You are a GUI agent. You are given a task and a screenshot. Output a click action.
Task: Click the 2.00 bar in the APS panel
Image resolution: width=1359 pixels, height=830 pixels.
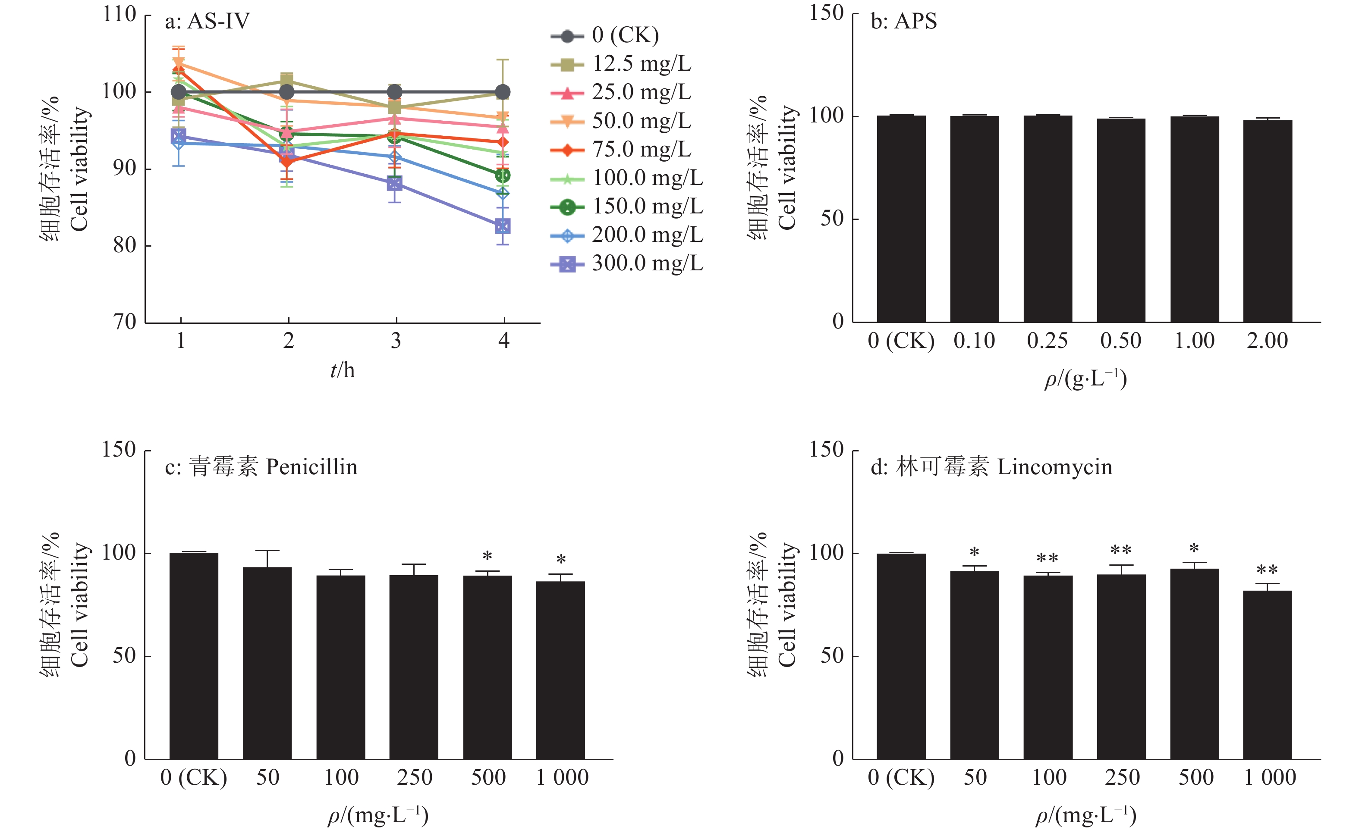1268,220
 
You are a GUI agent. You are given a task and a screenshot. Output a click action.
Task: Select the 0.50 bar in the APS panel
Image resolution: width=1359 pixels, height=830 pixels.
1121,220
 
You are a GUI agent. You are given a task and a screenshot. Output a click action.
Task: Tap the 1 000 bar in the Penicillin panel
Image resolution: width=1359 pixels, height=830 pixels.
560,670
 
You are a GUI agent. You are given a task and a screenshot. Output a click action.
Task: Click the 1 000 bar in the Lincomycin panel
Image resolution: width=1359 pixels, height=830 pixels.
1268,675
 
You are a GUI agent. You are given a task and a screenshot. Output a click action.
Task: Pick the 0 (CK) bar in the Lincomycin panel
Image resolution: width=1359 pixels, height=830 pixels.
901,656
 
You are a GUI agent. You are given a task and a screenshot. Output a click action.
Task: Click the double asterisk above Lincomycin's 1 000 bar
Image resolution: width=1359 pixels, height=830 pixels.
1268,570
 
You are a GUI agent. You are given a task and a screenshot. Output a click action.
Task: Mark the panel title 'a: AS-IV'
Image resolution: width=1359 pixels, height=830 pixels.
208,22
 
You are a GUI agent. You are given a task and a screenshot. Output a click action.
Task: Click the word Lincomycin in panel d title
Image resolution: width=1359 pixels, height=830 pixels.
1054,467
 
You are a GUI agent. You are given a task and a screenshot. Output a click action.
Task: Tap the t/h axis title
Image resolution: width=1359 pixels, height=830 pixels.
342,370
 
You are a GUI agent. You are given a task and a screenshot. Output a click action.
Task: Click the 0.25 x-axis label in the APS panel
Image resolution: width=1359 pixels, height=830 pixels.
1048,341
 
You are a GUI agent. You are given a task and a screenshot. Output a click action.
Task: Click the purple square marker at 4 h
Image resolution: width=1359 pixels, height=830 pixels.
503,226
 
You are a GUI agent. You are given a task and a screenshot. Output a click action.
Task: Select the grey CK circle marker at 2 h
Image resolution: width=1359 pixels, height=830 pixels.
287,92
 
